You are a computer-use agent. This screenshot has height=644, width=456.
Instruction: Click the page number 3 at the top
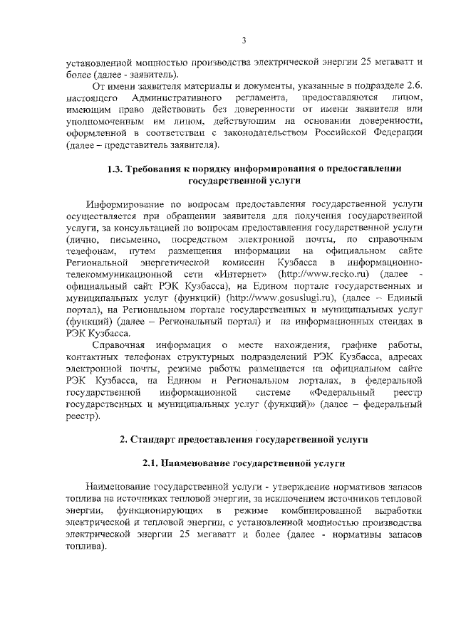point(244,39)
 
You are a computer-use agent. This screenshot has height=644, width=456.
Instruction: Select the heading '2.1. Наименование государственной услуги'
point(244,463)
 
